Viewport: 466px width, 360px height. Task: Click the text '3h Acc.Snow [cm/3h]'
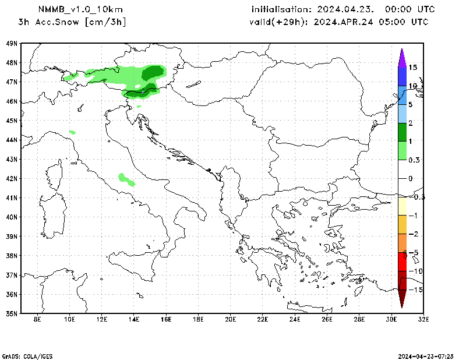point(72,22)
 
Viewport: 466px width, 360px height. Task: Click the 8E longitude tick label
point(37,319)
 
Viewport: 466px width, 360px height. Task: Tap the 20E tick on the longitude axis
point(230,319)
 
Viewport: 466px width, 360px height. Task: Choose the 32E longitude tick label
point(423,319)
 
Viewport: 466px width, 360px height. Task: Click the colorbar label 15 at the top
point(412,68)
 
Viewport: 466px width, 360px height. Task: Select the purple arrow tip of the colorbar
point(402,56)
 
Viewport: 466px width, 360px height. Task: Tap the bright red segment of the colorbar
point(402,262)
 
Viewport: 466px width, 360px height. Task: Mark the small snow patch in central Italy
point(126,179)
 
